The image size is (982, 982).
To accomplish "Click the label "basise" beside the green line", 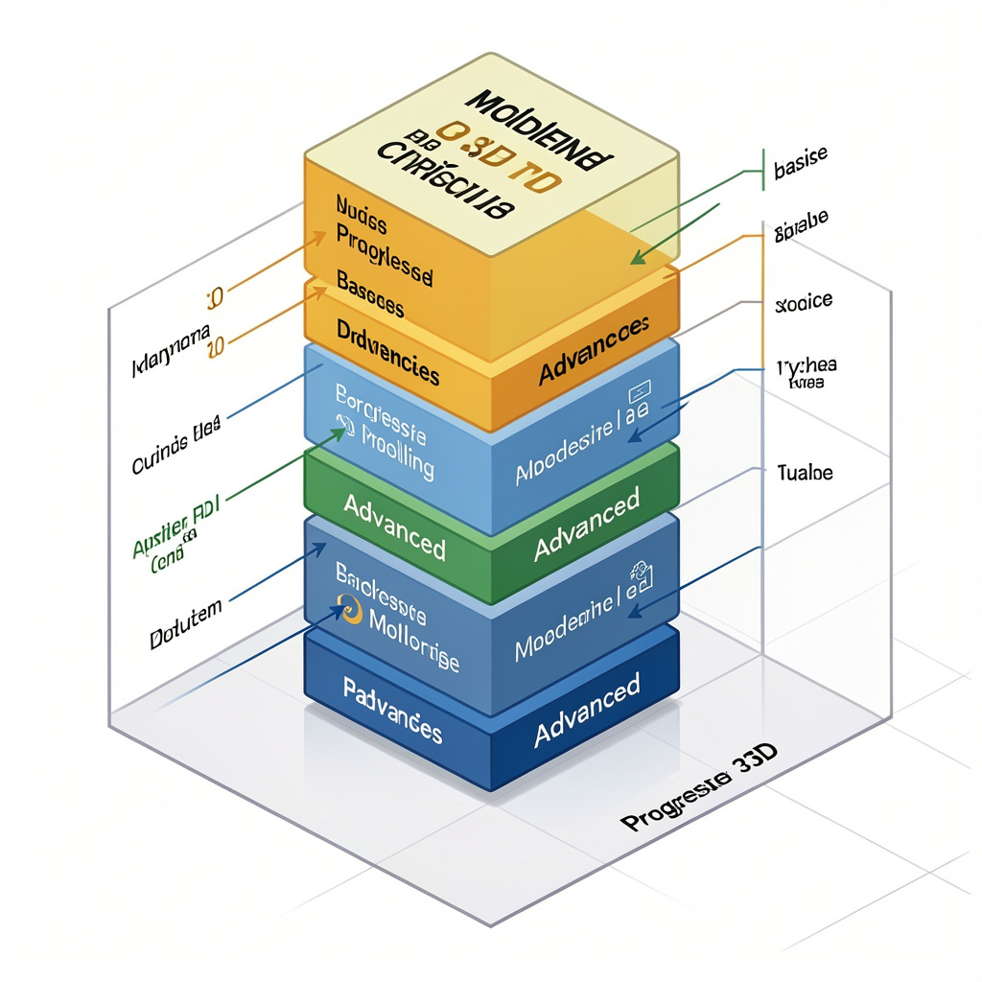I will tap(800, 166).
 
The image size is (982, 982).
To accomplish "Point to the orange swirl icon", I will tap(351, 609).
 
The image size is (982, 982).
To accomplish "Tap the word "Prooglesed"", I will tap(384, 251).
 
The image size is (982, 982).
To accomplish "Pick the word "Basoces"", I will tap(370, 294).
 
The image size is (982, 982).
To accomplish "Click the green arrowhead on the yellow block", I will tap(637, 256).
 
